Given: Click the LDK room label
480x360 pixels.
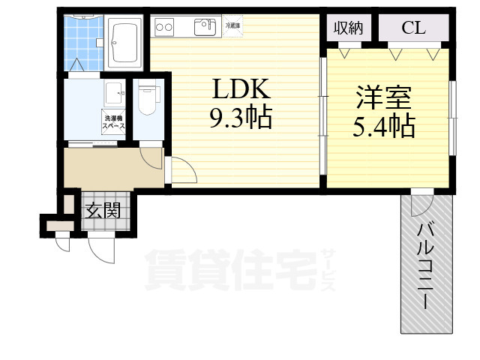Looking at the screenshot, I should click(x=241, y=90).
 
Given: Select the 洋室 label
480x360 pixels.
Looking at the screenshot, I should click(x=383, y=98).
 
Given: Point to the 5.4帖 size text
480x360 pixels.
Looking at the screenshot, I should click(x=383, y=126).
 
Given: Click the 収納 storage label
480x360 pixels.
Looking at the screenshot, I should click(x=349, y=28).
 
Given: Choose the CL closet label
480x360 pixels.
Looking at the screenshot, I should click(x=413, y=28).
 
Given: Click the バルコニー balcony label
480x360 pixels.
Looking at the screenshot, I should click(x=424, y=266).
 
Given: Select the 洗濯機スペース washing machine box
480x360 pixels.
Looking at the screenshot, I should click(x=115, y=122).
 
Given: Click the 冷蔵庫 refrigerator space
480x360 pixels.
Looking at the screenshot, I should click(x=233, y=26).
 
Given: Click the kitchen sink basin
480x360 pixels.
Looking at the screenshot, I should click(x=204, y=28).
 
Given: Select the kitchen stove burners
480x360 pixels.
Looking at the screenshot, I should click(x=165, y=28).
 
